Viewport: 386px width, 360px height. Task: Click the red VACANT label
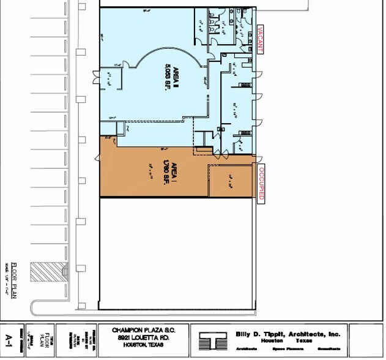point(261,39)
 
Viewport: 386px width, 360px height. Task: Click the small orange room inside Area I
point(231,181)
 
